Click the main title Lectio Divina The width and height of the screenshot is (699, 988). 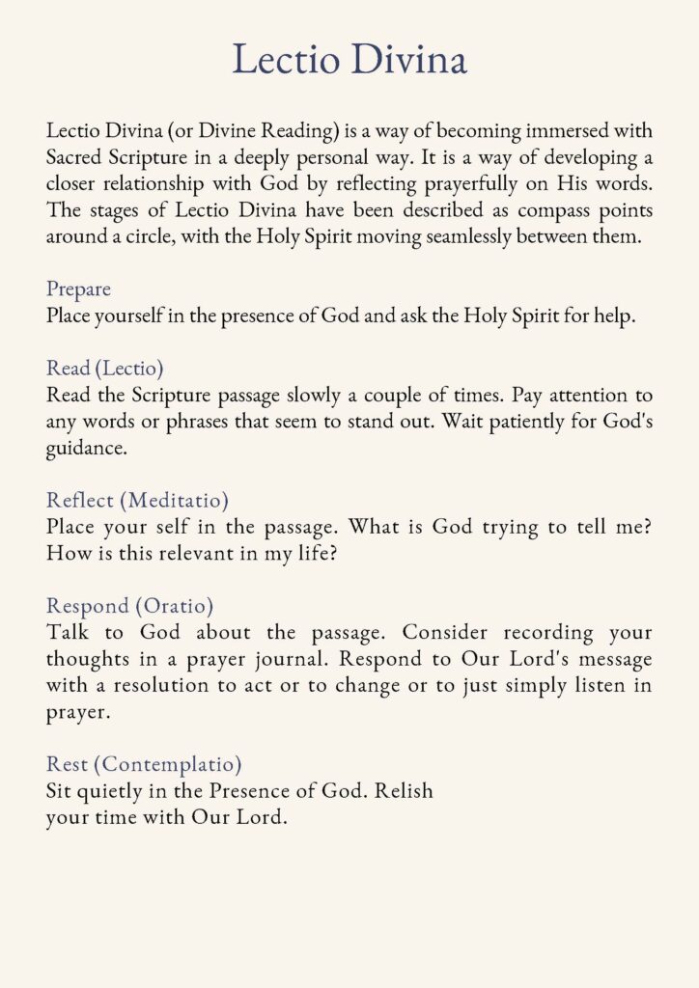click(349, 59)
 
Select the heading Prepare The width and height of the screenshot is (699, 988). click(78, 289)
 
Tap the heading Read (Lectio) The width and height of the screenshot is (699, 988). click(104, 369)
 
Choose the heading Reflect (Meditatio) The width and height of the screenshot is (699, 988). click(137, 501)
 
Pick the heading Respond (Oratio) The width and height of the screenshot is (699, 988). click(129, 606)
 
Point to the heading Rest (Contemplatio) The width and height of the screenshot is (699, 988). click(143, 764)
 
